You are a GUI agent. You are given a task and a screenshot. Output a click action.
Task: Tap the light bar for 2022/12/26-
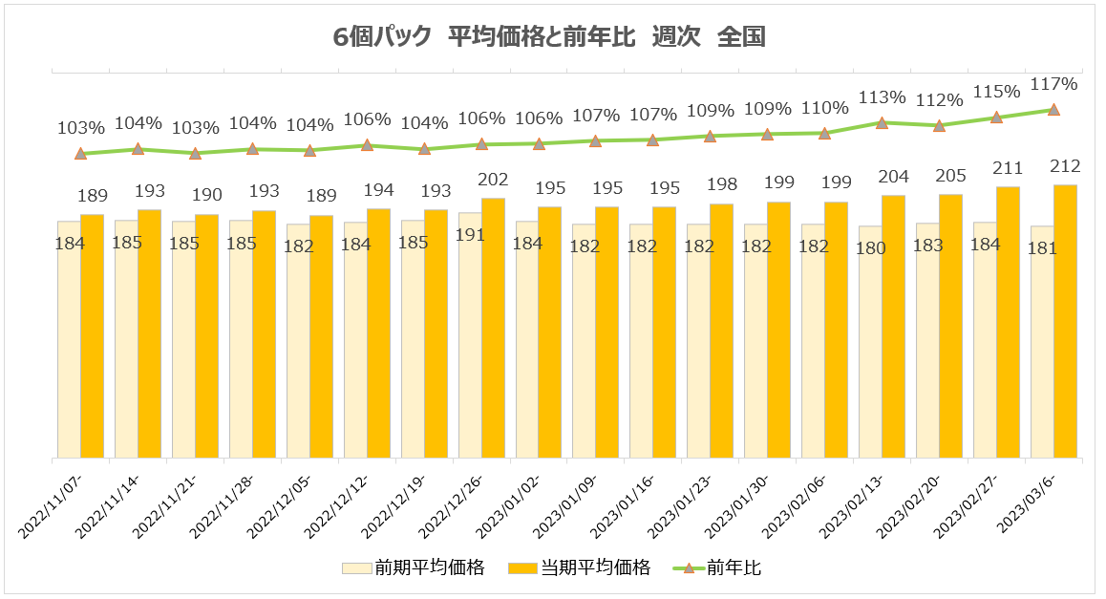pos(470,334)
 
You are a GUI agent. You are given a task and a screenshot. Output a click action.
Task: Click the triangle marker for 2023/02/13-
pos(883,123)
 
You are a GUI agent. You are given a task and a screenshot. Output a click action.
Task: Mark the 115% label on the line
pos(996,92)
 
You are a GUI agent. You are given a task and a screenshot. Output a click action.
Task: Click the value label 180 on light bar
pos(871,248)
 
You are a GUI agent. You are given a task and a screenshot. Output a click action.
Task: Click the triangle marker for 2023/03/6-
pos(1053,110)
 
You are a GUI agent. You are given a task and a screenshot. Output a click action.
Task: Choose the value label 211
pos(1008,169)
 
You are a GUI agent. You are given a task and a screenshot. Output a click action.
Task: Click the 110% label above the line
pos(825,107)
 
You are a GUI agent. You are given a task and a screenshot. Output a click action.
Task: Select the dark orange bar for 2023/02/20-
pos(950,326)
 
